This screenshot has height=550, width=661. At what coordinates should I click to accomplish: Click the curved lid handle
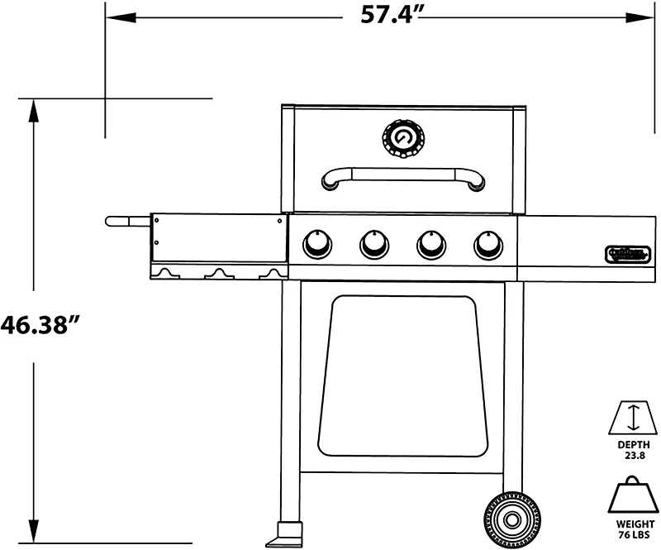click(x=402, y=175)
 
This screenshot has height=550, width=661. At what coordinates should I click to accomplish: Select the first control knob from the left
click(x=317, y=243)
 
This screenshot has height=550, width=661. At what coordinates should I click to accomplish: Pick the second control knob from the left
click(x=373, y=243)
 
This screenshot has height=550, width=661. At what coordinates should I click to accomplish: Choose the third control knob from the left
click(x=430, y=243)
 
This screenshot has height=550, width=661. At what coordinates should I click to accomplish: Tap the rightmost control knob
click(x=487, y=243)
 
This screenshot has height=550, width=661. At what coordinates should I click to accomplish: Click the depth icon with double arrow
click(x=633, y=417)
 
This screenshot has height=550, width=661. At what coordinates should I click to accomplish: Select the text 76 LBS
click(x=632, y=536)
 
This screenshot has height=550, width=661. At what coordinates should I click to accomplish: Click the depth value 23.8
click(x=633, y=455)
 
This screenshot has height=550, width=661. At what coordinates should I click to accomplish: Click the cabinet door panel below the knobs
click(x=402, y=376)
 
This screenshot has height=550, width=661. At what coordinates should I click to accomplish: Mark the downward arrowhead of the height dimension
click(x=35, y=533)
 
